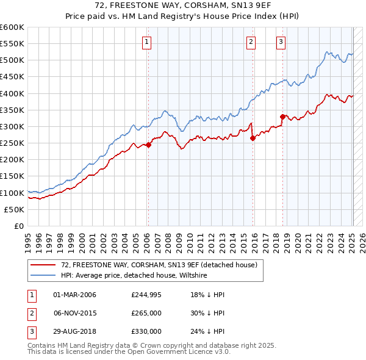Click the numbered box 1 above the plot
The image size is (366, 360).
point(148,42)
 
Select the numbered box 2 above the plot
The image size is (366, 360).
point(251,42)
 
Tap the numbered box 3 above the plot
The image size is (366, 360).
point(281,42)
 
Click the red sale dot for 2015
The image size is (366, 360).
point(253,138)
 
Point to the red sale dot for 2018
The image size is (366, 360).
point(282,117)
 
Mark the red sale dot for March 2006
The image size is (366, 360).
point(148,145)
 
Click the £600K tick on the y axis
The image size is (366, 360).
point(12,27)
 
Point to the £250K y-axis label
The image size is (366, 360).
point(12,143)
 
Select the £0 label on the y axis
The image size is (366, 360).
point(20,226)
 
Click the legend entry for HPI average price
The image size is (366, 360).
point(134,275)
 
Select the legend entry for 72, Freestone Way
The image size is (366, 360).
point(159,265)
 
